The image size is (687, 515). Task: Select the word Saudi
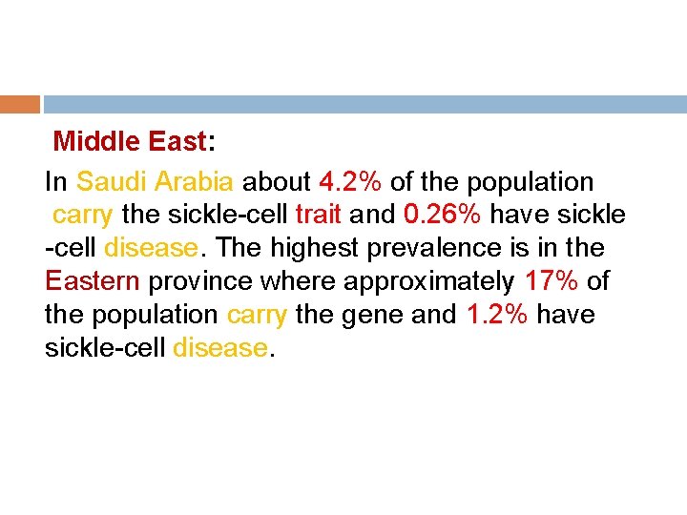click(x=111, y=181)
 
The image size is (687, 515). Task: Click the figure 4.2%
click(x=351, y=181)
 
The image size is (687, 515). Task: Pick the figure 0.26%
click(x=442, y=215)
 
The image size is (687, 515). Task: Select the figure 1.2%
click(x=498, y=315)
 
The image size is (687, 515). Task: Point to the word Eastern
click(x=92, y=281)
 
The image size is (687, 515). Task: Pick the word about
click(x=277, y=181)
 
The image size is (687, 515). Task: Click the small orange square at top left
click(x=20, y=104)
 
